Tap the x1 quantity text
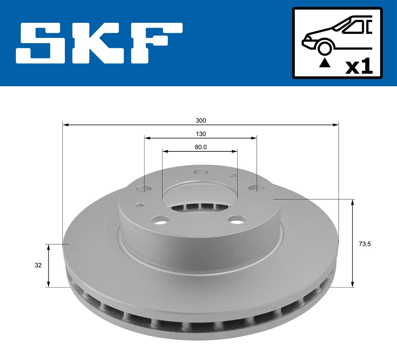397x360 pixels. coord(359,67)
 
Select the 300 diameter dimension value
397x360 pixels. coord(200,121)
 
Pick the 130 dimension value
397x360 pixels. coord(200,134)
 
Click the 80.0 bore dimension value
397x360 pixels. coord(200,147)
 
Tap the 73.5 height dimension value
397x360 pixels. coord(365,244)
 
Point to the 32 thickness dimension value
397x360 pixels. coord(38,265)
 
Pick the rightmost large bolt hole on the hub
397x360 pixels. coord(257,188)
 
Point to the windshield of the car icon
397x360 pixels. coord(355,27)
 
